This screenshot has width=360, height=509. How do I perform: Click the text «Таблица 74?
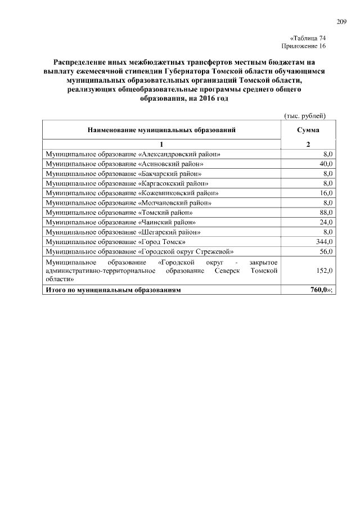pyautogui.click(x=308, y=38)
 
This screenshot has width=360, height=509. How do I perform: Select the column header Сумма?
pyautogui.click(x=308, y=130)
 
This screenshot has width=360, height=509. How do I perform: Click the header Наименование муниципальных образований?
pyautogui.click(x=161, y=130)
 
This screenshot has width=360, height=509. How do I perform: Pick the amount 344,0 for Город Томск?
pyautogui.click(x=324, y=241)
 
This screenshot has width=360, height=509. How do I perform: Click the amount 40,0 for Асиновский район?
pyautogui.click(x=326, y=163)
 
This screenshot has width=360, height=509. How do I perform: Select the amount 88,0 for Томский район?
pyautogui.click(x=326, y=212)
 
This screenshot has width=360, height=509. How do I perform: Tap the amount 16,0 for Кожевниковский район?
pyautogui.click(x=326, y=192)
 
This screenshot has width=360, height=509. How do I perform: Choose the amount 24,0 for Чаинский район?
pyautogui.click(x=326, y=222)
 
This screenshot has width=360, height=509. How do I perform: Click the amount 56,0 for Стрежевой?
pyautogui.click(x=326, y=251)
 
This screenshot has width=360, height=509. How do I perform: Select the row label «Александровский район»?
pyautogui.click(x=133, y=154)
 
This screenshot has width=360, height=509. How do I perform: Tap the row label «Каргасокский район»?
pyautogui.click(x=128, y=183)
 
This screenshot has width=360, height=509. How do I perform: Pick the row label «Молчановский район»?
pyautogui.click(x=129, y=202)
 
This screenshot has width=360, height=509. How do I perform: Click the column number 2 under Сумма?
pyautogui.click(x=308, y=144)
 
